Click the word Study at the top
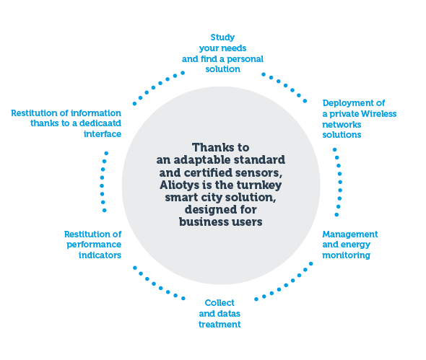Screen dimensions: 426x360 [222, 38]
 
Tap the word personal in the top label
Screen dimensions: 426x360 [245, 59]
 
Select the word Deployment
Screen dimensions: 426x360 [347, 103]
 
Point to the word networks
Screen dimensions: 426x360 [342, 125]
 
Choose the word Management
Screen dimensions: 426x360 [350, 234]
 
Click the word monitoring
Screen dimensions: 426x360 [346, 255]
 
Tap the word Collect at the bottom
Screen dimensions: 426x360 [219, 303]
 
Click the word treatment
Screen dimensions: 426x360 [219, 325]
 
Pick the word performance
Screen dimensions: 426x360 [94, 245]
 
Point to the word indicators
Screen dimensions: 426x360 [100, 255]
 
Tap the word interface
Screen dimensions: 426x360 [103, 134]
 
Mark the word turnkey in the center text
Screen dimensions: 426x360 [259, 185]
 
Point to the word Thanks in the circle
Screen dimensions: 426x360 [209, 148]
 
